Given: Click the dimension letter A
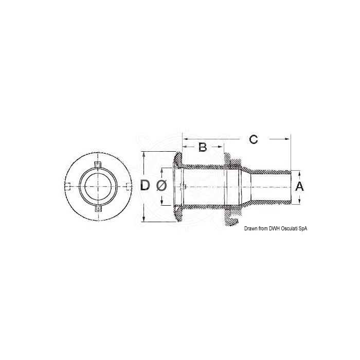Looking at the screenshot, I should pyautogui.click(x=301, y=187).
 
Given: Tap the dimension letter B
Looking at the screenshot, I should pyautogui.click(x=203, y=147).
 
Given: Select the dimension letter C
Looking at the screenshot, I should pyautogui.click(x=253, y=139).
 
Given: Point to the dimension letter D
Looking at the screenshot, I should pyautogui.click(x=146, y=186).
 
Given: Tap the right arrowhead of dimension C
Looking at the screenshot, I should pyautogui.click(x=289, y=139).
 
